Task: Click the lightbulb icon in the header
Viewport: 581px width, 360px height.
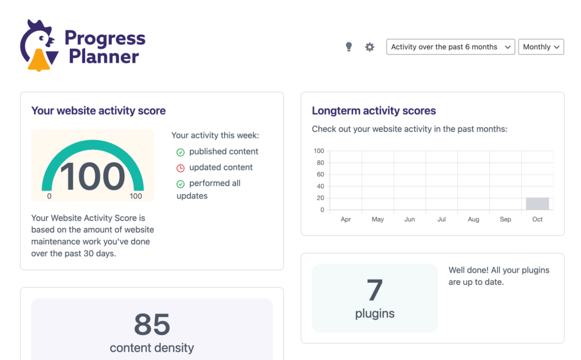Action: point(349,47)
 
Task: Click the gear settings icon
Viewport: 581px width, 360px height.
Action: point(369,47)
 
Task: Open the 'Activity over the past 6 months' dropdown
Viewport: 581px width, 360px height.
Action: point(451,47)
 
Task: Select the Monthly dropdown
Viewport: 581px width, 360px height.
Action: point(541,47)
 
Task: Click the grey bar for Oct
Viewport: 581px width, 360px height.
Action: point(537,204)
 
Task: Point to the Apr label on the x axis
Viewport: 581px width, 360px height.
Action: point(346,219)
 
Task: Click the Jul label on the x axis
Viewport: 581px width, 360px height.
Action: point(441,219)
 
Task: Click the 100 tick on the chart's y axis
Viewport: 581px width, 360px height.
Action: point(318,151)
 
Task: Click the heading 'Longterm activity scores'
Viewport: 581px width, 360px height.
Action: point(374,111)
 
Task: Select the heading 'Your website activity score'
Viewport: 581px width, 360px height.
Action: point(99,111)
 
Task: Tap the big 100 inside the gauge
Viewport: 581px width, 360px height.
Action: point(92,176)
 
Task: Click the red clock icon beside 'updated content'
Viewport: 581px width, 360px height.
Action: point(180,168)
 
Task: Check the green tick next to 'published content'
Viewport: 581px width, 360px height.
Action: point(180,152)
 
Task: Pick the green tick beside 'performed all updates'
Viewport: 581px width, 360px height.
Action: point(180,184)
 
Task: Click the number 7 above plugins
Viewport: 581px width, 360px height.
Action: point(374,290)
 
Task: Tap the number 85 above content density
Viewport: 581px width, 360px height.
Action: point(152,324)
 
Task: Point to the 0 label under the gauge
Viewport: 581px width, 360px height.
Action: point(49,196)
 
